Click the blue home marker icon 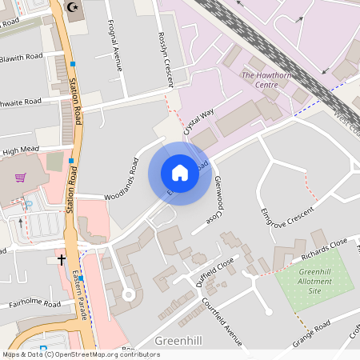pyautogui.click(x=180, y=173)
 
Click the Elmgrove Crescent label pyautogui.click(x=287, y=211)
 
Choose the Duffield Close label pyautogui.click(x=214, y=271)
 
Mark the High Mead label pyautogui.click(x=20, y=150)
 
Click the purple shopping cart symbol pyautogui.click(x=20, y=177)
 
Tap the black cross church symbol pyautogui.click(x=62, y=259)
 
